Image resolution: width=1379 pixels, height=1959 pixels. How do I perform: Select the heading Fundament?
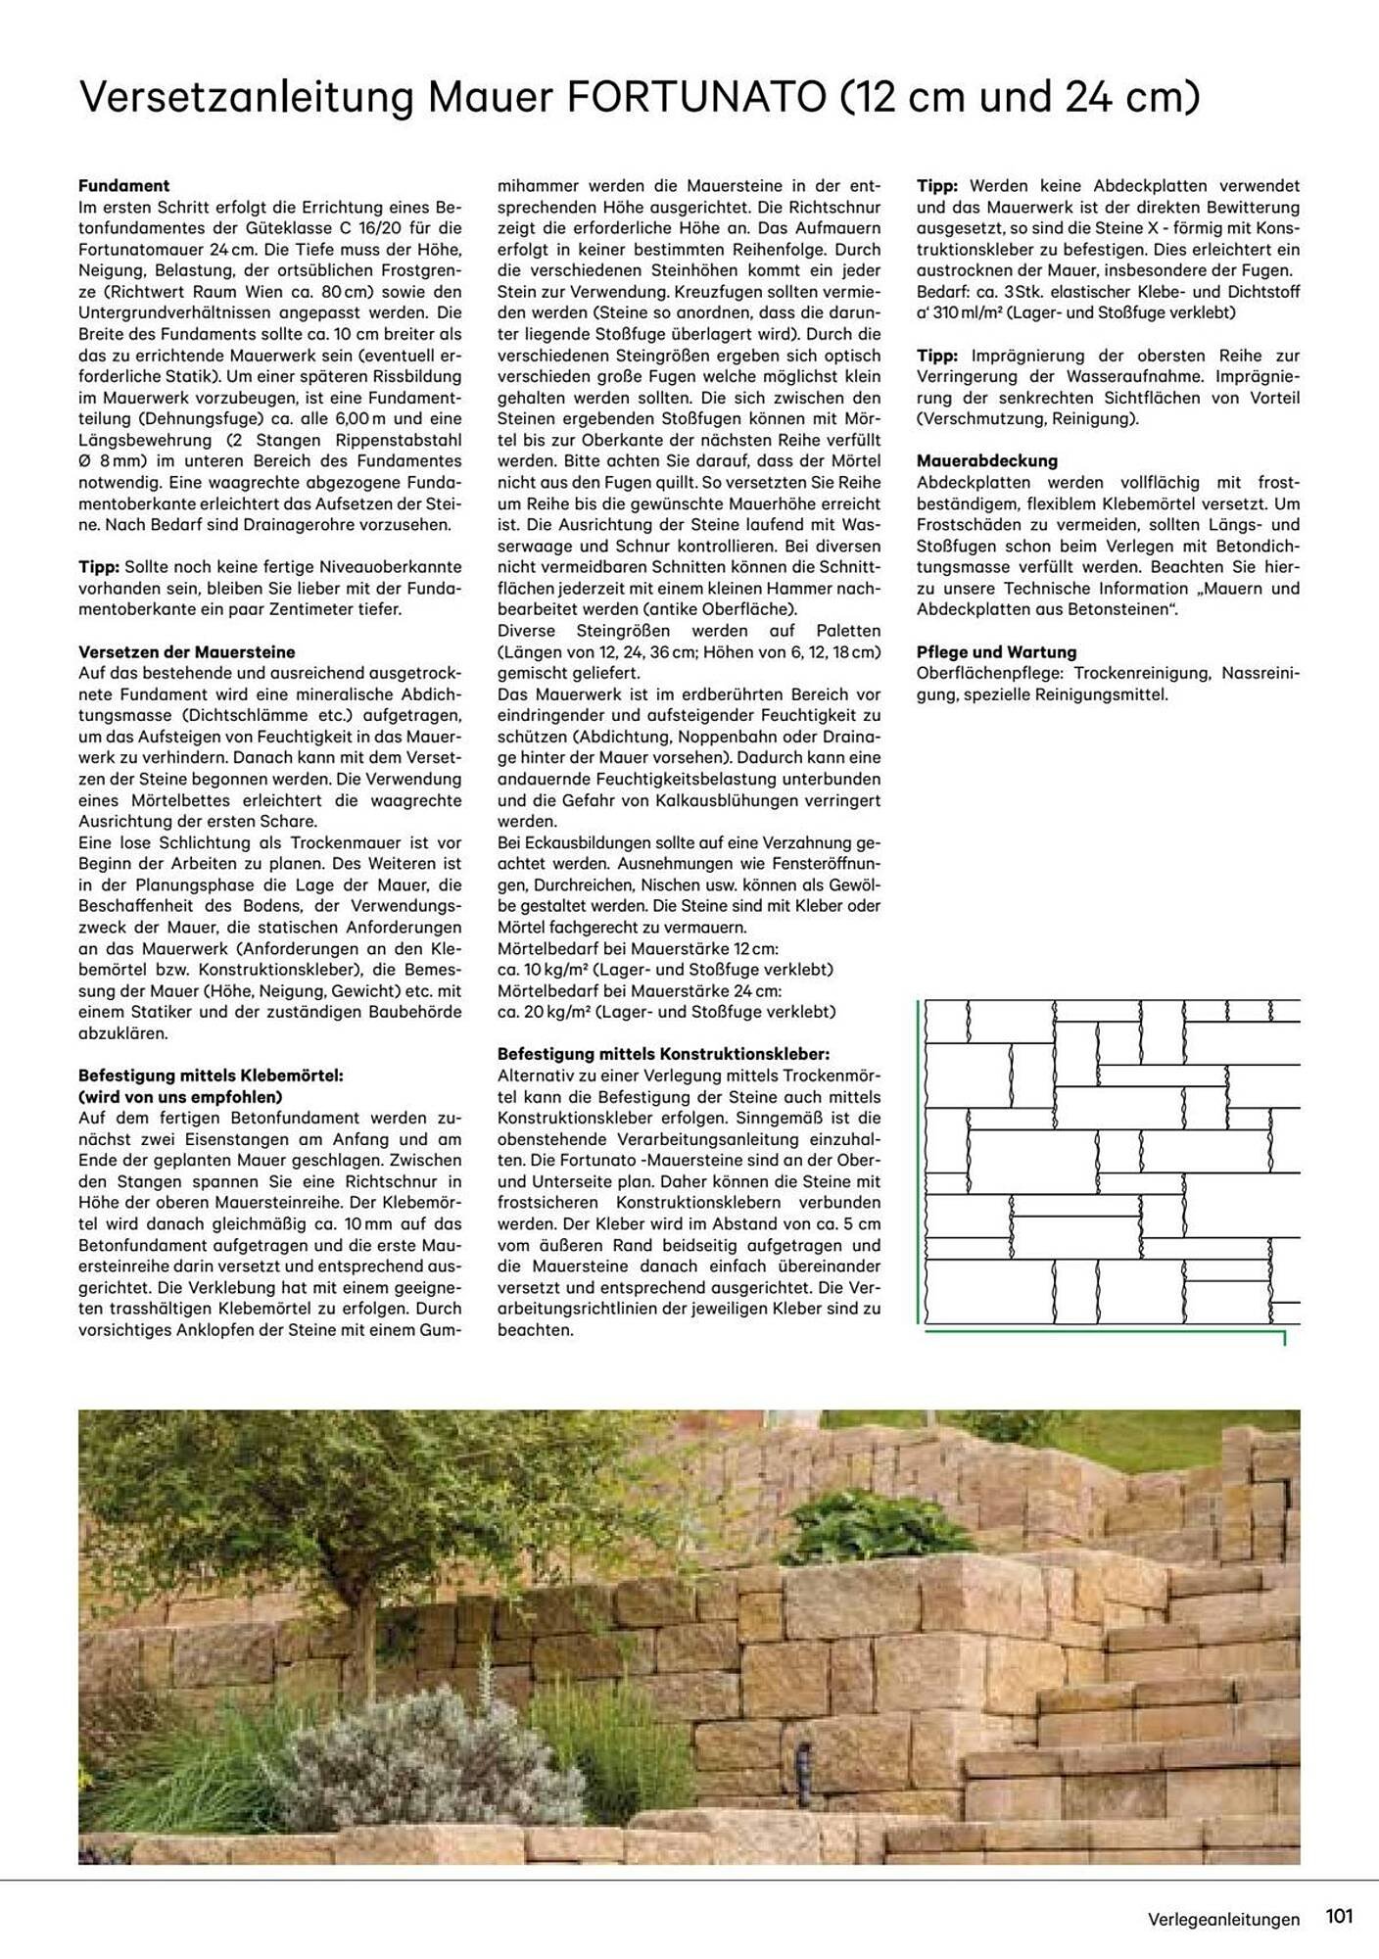click(x=124, y=185)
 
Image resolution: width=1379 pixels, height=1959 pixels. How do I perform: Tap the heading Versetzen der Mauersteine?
click(x=186, y=652)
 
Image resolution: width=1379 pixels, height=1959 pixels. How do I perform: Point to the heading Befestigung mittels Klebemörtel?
click(x=211, y=1075)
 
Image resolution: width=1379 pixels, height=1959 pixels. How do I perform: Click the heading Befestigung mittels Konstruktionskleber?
click(x=663, y=1054)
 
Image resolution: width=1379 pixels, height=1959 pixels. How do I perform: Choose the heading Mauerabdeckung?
click(x=987, y=460)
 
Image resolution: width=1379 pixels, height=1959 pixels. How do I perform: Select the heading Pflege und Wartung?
click(x=996, y=652)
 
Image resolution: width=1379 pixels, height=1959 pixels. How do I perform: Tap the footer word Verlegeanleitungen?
click(x=1224, y=1920)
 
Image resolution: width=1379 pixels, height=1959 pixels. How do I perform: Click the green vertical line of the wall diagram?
click(x=920, y=1161)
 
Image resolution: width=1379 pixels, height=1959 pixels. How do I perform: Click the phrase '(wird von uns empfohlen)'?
click(x=180, y=1097)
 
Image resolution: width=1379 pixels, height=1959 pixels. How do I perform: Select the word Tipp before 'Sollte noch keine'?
click(x=98, y=567)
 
